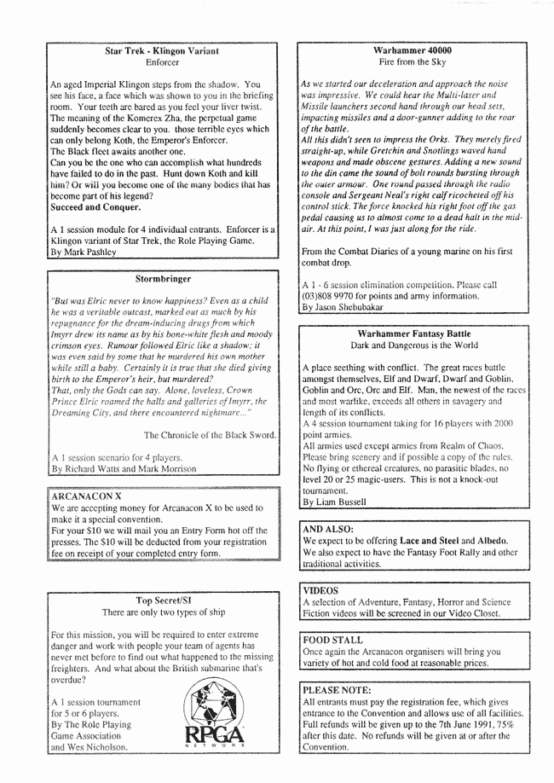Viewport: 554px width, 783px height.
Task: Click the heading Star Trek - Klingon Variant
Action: coord(161,51)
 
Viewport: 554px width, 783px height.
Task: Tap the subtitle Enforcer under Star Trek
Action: coord(161,63)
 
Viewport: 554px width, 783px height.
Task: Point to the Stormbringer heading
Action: coord(161,278)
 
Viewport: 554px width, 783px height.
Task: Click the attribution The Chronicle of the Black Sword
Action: coord(210,434)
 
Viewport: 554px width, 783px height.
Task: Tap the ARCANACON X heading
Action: coord(83,494)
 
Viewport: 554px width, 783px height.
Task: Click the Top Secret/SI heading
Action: coord(161,600)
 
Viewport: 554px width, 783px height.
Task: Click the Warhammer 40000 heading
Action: coord(413,51)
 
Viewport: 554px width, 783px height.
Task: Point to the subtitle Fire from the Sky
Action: coord(413,63)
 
